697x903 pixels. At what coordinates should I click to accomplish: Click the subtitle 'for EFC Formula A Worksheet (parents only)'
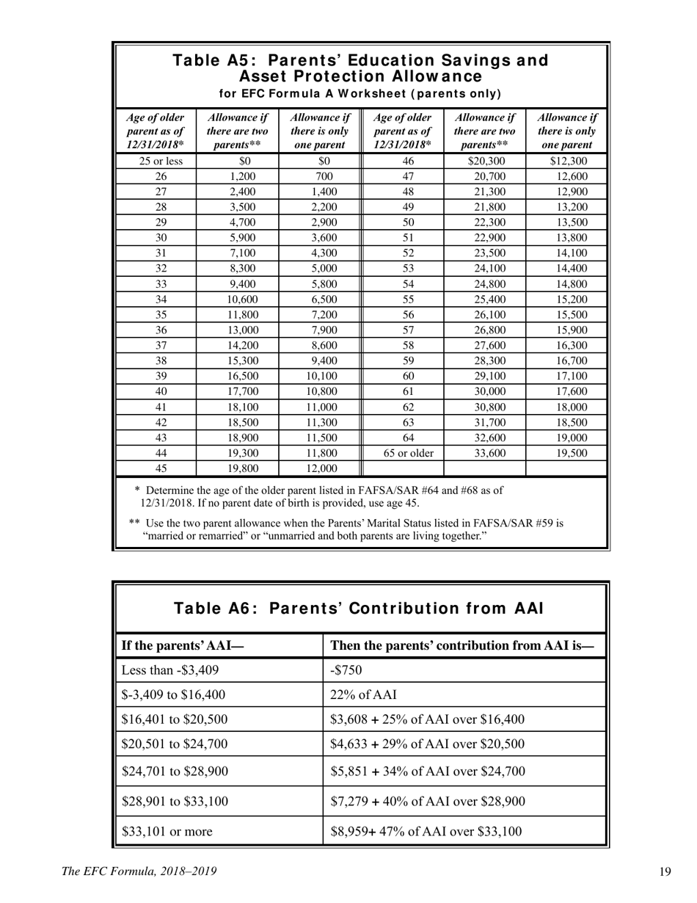(x=360, y=93)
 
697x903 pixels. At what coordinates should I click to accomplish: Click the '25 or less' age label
(x=156, y=161)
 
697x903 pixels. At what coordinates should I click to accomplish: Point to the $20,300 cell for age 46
(x=485, y=161)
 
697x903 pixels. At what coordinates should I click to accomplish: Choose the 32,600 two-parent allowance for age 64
(x=485, y=438)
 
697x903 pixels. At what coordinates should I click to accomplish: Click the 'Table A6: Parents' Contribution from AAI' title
(x=359, y=609)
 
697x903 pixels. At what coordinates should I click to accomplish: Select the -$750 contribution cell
(x=347, y=669)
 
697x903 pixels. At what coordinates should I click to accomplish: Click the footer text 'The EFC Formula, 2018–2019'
(x=139, y=871)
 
